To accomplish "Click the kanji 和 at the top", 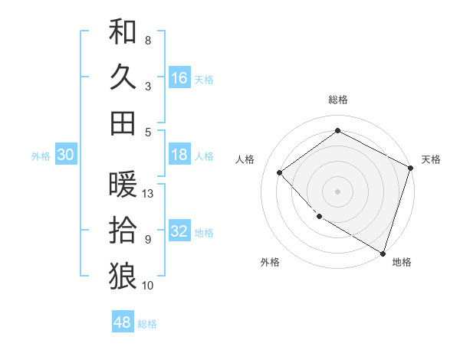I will click(x=123, y=31).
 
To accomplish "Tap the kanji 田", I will click(x=123, y=123).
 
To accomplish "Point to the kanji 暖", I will click(x=123, y=185).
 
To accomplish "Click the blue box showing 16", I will click(x=179, y=77).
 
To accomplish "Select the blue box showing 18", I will click(x=179, y=155).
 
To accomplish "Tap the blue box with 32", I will click(x=179, y=231).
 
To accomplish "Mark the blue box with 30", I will click(x=66, y=155).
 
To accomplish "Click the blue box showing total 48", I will click(x=123, y=322).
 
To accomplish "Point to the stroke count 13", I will click(x=149, y=194).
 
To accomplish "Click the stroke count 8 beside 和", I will click(x=148, y=40).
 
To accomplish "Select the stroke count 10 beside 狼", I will click(x=149, y=286).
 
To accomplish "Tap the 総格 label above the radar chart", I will click(x=338, y=100).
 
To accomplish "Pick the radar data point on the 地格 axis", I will click(x=383, y=252).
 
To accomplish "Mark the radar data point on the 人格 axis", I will click(x=280, y=172).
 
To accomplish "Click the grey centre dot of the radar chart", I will click(x=338, y=191).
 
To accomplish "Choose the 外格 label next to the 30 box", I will click(x=41, y=155).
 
